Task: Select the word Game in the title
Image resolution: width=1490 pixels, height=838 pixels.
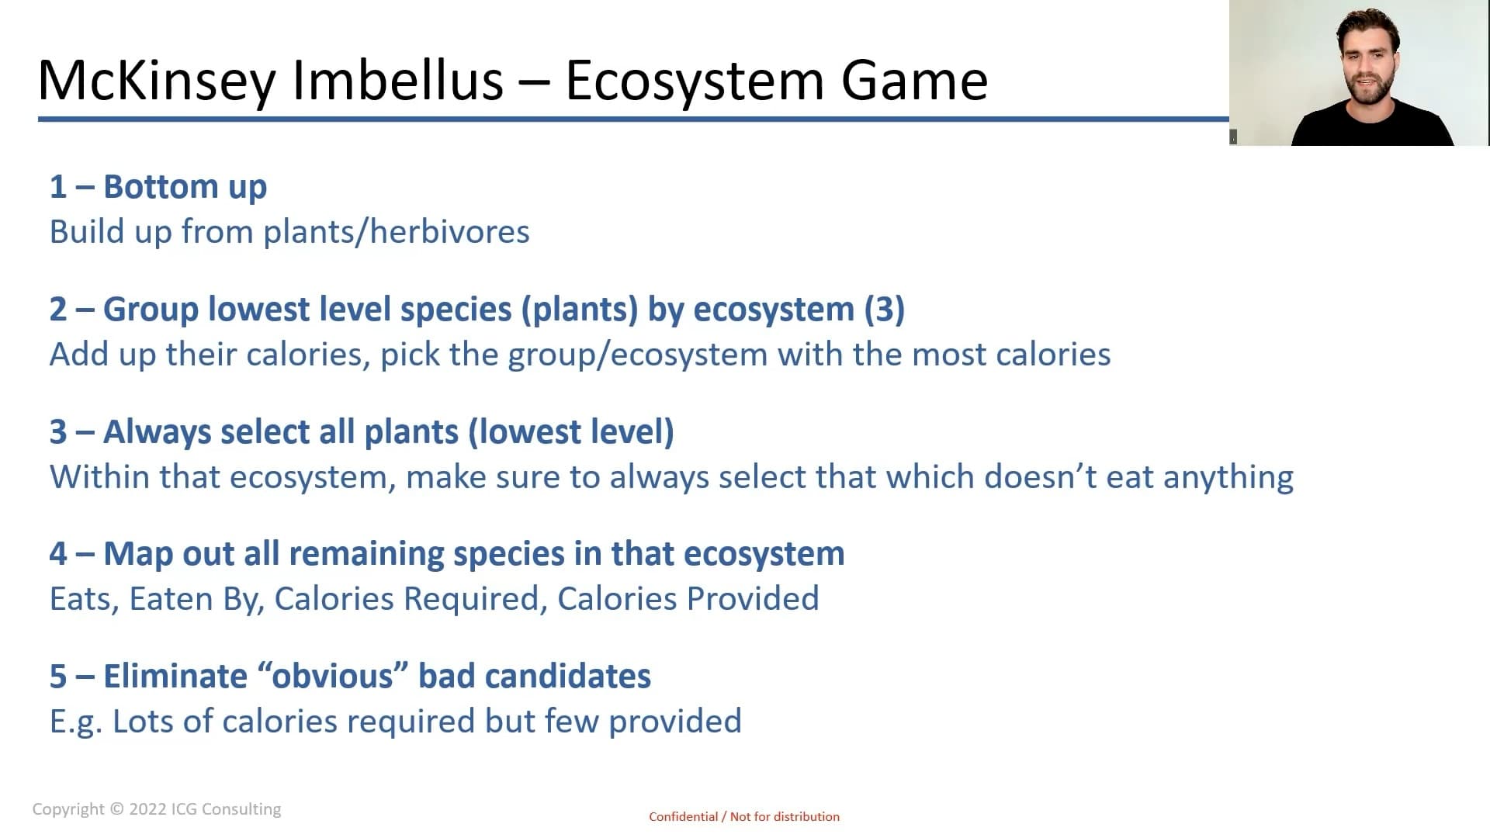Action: pyautogui.click(x=914, y=80)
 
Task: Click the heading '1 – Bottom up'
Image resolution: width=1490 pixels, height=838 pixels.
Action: pyautogui.click(x=158, y=187)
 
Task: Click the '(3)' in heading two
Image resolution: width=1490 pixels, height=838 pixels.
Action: pyautogui.click(x=885, y=310)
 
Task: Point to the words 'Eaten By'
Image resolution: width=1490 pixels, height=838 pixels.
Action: pyautogui.click(x=197, y=599)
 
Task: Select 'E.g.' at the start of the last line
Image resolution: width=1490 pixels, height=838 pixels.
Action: pyautogui.click(x=76, y=722)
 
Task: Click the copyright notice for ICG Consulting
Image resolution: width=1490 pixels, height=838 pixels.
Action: pyautogui.click(x=157, y=809)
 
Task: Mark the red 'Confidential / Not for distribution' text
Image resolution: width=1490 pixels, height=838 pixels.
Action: pyautogui.click(x=744, y=816)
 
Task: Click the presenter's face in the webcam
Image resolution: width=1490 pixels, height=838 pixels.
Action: pyautogui.click(x=1367, y=67)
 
